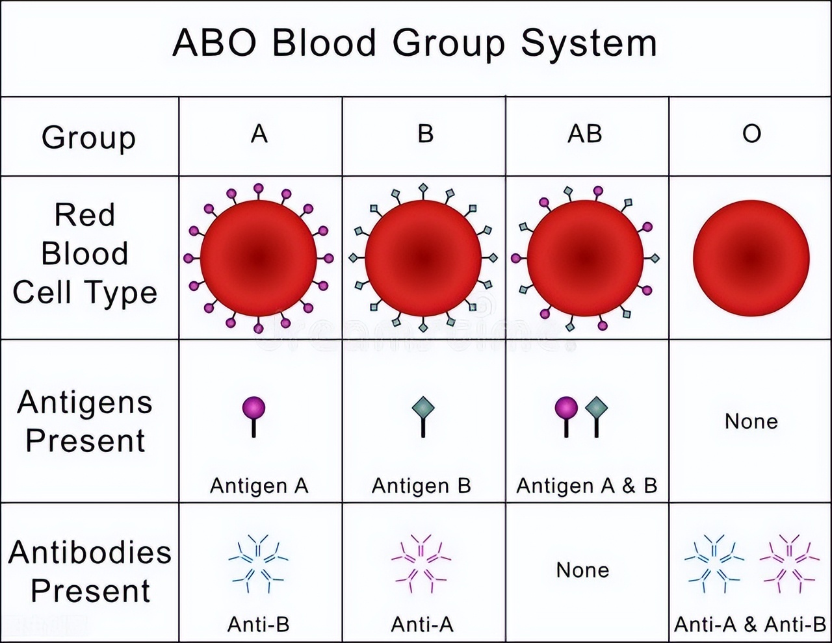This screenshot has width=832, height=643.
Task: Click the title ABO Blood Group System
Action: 415,44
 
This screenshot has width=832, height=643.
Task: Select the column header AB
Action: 585,134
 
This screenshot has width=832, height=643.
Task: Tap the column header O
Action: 751,134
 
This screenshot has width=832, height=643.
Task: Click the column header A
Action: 259,134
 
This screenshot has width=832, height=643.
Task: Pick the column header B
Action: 425,134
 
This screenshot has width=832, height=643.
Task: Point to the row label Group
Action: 88,138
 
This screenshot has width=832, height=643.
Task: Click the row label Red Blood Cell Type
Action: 85,254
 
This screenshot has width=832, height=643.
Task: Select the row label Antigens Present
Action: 85,421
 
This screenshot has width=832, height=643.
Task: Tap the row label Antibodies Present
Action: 90,571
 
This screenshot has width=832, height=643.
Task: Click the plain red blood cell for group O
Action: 751,258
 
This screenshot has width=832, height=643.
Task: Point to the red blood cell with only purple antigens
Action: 259,258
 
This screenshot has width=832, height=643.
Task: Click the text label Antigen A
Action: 259,486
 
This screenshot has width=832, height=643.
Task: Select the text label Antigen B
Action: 421,486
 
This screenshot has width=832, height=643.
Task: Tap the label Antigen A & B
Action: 586,486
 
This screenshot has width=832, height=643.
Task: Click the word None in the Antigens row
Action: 751,422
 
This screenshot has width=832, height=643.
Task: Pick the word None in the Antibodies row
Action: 583,570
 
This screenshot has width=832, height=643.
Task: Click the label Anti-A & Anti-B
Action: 750,625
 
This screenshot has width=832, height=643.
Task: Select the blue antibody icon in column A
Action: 259,563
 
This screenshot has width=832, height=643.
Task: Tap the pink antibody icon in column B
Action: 421,563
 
